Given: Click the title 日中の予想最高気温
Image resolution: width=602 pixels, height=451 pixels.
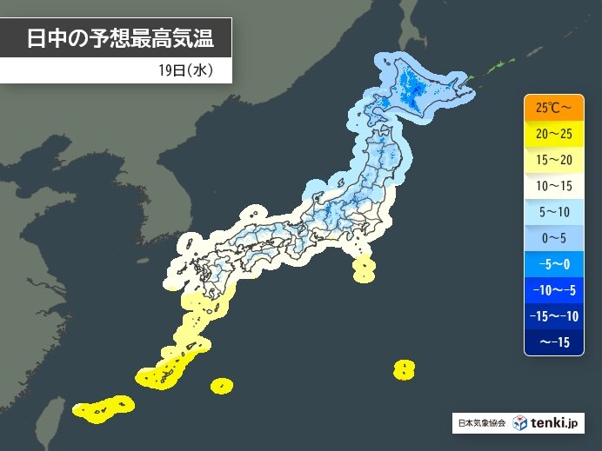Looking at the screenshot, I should pyautogui.click(x=117, y=38).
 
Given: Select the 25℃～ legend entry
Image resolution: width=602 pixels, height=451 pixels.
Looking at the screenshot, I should pyautogui.click(x=553, y=108).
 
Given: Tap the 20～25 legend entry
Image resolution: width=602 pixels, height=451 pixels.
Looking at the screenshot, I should pyautogui.click(x=553, y=134).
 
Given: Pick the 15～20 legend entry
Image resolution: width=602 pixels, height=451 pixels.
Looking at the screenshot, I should pyautogui.click(x=553, y=160).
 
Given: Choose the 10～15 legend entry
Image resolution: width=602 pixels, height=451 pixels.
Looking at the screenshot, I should pyautogui.click(x=553, y=186).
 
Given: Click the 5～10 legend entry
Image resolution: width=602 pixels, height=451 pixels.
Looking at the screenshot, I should pyautogui.click(x=553, y=212).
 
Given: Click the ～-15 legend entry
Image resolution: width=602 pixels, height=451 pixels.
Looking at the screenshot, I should pyautogui.click(x=553, y=342).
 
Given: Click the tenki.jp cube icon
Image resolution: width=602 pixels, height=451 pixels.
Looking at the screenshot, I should pyautogui.click(x=519, y=423).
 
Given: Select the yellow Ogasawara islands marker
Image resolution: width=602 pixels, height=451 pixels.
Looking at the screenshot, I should pyautogui.click(x=403, y=369).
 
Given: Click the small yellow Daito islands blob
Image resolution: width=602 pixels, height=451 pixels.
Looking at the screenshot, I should pyautogui.click(x=222, y=383).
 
